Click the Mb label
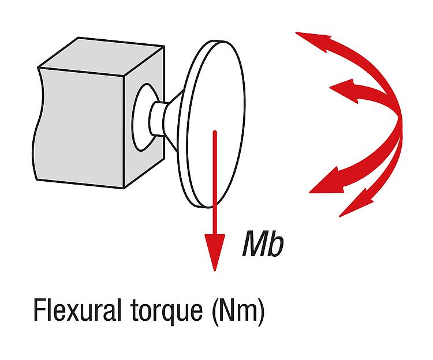pos(263,243)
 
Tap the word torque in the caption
pos(166,312)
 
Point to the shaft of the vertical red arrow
pos(215,183)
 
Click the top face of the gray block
pos(102,56)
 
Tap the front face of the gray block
pos(80,127)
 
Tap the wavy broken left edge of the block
pos(38,124)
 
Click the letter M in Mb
pos(255,243)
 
